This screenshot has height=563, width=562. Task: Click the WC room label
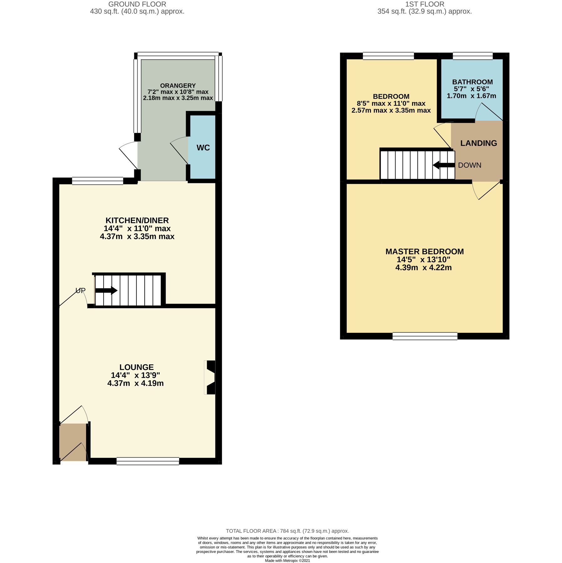click(203, 148)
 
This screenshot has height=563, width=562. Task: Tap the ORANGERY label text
click(178, 86)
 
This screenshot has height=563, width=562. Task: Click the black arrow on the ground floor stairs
click(106, 291)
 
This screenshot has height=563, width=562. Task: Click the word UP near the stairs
click(80, 291)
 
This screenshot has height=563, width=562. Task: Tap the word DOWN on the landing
click(469, 165)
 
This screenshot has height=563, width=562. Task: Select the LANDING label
click(478, 143)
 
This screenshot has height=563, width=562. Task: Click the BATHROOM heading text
click(472, 82)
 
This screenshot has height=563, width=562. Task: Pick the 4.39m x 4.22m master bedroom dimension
click(423, 268)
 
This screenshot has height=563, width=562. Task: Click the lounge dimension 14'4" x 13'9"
click(135, 375)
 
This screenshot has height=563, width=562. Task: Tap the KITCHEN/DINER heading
click(137, 221)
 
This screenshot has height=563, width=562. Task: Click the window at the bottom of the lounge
click(148, 461)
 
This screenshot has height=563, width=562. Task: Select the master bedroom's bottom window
click(425, 336)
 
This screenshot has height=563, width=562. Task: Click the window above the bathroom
click(472, 56)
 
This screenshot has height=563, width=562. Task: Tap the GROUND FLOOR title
click(137, 4)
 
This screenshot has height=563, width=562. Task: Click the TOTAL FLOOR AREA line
click(287, 531)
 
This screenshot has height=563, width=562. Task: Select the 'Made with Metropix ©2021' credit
click(287, 560)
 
